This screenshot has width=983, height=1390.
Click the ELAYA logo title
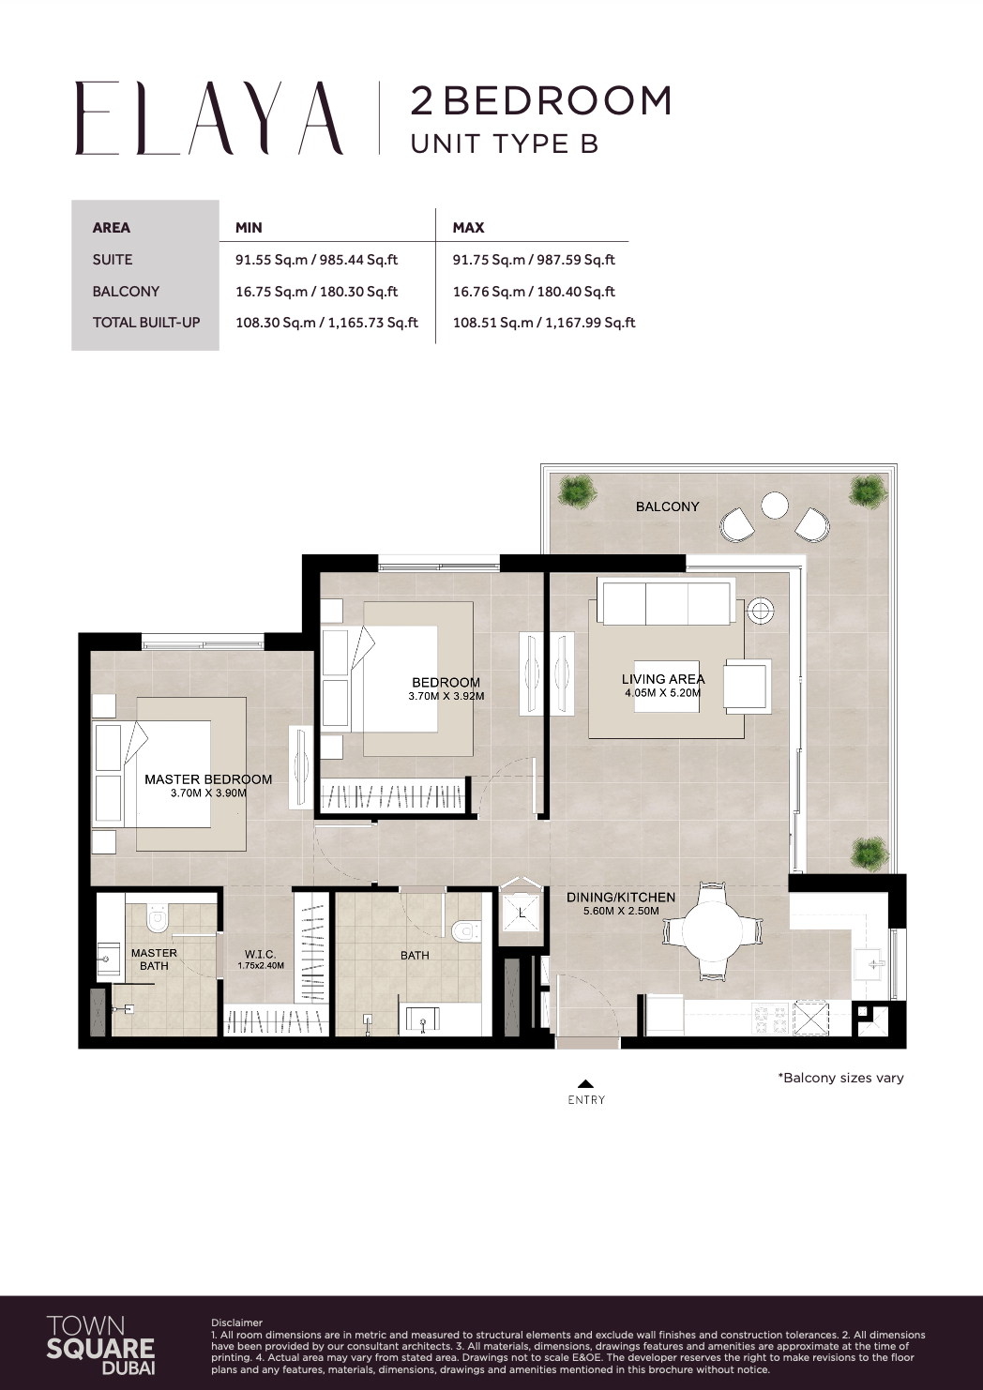[x=209, y=118]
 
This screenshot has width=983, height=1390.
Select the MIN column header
[x=249, y=227]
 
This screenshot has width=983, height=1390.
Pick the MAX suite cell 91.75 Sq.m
[x=534, y=260]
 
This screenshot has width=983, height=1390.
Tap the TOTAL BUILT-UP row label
[x=145, y=323]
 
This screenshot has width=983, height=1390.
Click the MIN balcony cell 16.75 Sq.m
[x=316, y=292]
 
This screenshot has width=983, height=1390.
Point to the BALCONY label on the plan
[x=667, y=506]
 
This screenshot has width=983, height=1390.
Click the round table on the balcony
[x=774, y=506]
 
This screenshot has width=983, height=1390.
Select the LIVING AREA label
[x=662, y=678]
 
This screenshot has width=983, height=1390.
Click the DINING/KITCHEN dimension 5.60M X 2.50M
[x=621, y=911]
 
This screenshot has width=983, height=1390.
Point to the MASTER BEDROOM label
[x=208, y=779]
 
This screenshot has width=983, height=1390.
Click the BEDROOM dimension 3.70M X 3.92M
[x=446, y=697]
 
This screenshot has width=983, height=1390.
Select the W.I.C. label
[x=260, y=954]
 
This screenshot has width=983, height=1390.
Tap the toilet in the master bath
[x=158, y=918]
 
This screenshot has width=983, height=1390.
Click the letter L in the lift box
[x=521, y=910]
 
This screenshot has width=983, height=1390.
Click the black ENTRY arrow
[x=585, y=1083]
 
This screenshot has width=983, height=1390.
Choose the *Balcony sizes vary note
[x=840, y=1078]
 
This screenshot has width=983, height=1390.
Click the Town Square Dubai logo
[x=100, y=1343]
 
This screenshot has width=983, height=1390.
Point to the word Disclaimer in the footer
[x=236, y=1323]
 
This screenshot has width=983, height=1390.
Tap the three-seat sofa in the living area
[x=667, y=603]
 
